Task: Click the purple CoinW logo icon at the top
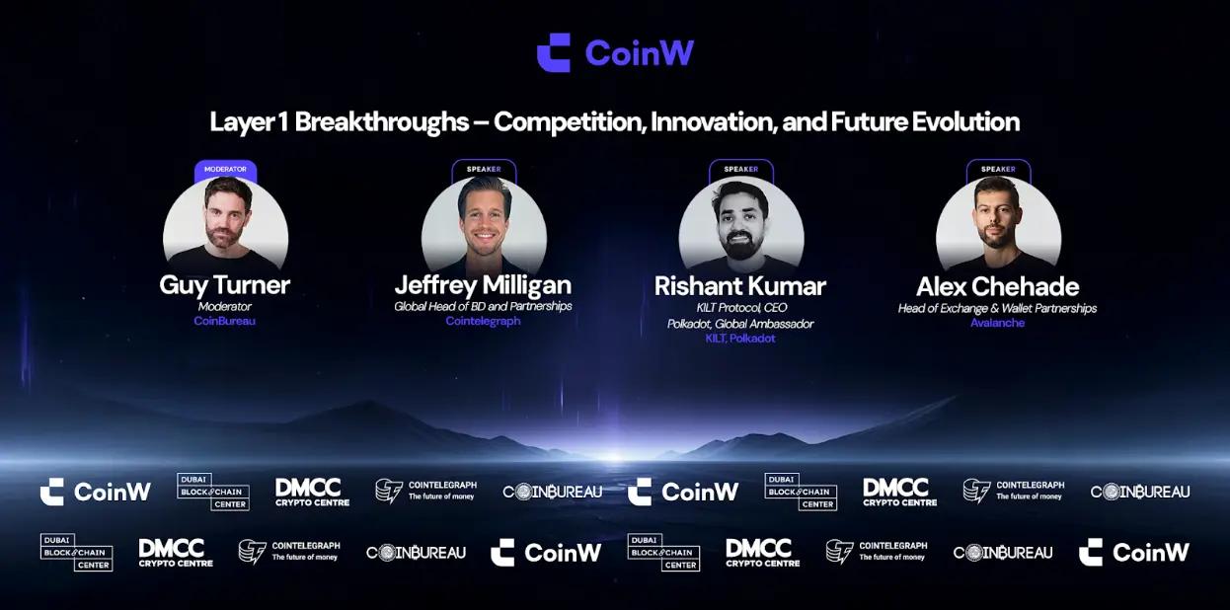[554, 52]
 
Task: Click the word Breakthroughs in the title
[382, 122]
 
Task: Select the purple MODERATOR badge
[225, 170]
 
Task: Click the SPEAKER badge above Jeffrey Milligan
[484, 170]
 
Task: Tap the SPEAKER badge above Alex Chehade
[998, 170]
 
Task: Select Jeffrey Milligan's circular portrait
[484, 223]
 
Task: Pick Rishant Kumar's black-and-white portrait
[741, 224]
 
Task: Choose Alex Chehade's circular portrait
[998, 224]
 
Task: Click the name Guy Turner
[225, 285]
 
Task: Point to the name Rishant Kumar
[740, 286]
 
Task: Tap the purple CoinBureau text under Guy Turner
[225, 321]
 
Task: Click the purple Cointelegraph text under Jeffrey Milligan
[483, 321]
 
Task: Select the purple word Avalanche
[997, 323]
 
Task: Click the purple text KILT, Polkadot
[740, 339]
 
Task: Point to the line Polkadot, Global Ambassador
[740, 324]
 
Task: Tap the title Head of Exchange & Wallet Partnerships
[997, 309]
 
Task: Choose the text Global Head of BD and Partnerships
[484, 306]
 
